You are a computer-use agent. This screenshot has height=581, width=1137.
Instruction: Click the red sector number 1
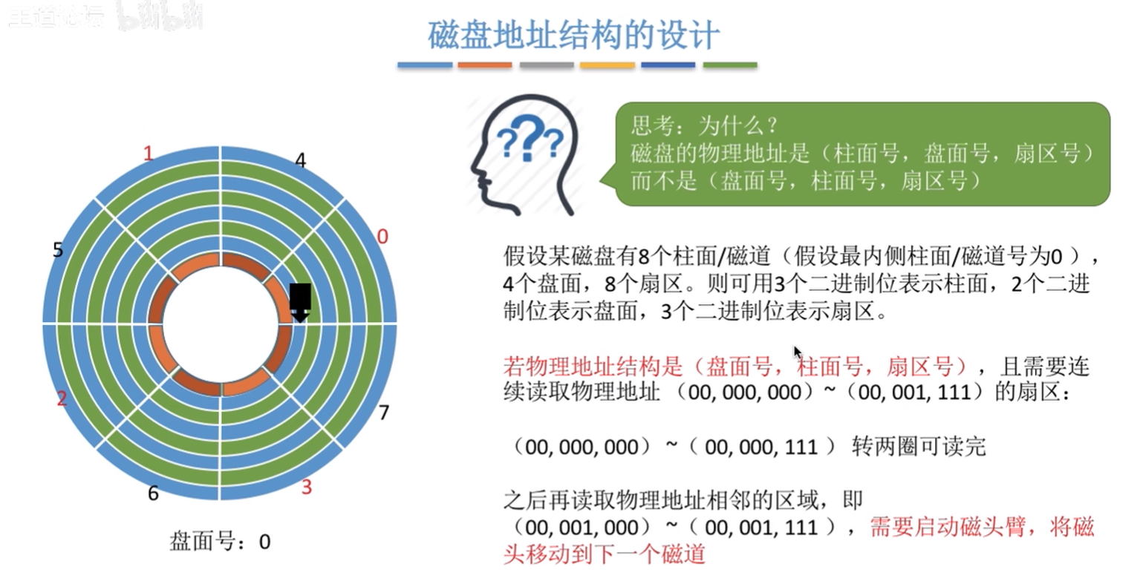coord(148,153)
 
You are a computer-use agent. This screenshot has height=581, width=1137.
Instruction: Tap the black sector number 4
coord(301,160)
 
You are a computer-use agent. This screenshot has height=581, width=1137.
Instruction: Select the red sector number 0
coord(382,236)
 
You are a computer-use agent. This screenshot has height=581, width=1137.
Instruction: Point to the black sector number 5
coord(58,249)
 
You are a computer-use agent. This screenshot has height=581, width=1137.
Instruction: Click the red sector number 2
coord(62,398)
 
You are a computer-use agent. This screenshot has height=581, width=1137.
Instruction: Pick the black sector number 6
coord(153,493)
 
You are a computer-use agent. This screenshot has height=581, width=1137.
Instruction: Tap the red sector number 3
coord(306,487)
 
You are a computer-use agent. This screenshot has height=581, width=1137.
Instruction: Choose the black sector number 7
coord(384,412)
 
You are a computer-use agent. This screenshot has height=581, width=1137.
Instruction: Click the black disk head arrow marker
coord(300,303)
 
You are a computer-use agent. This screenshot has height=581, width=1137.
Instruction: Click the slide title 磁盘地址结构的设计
coord(573,36)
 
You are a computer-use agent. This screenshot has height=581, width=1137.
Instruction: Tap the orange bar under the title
coord(485,65)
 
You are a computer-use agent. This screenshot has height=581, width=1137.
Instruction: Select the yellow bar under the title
coord(607,65)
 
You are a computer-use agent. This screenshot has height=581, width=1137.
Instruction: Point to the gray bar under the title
coord(546,65)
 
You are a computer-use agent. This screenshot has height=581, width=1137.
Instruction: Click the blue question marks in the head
coord(530,137)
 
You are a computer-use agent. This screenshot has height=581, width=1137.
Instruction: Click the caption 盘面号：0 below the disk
coord(220,542)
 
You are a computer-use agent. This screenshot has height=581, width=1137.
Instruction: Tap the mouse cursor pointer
coord(798,351)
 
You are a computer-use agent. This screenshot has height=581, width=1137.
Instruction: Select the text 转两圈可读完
coord(919,447)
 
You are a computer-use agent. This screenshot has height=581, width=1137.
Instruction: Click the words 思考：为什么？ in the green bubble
coord(705,125)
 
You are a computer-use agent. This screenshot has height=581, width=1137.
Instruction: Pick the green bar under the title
coord(730,65)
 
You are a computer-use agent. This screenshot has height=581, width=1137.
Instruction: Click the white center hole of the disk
coord(220,324)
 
